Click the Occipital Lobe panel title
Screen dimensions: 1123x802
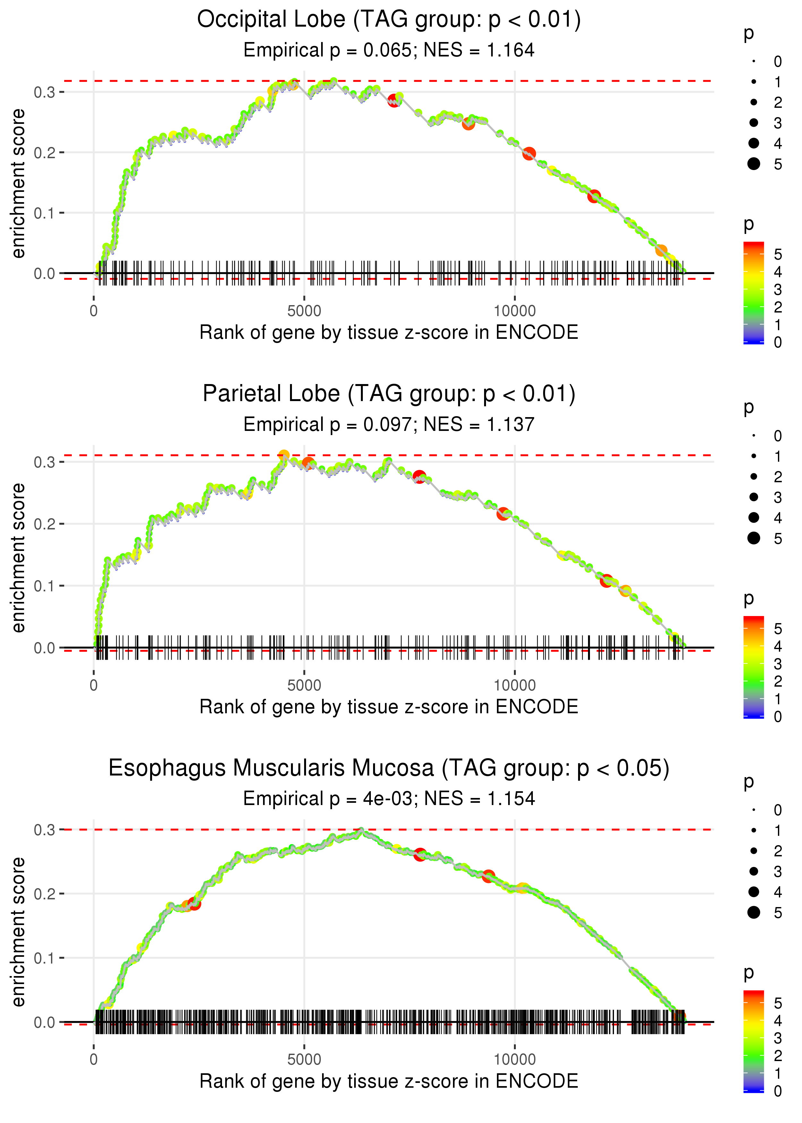coord(389,20)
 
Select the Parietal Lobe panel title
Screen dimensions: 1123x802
coord(389,394)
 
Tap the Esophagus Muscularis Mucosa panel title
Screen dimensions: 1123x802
coord(389,768)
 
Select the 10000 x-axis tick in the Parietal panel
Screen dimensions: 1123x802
coord(515,685)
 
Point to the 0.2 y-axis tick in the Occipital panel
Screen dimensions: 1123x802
coord(45,153)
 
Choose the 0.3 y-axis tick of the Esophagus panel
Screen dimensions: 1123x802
coord(45,830)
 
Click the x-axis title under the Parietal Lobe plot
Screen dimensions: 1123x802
coord(389,707)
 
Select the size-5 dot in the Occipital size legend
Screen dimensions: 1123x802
coord(754,163)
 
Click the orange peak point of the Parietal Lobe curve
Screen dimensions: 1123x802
coord(284,455)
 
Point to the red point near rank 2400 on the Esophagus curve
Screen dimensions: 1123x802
coord(195,904)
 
